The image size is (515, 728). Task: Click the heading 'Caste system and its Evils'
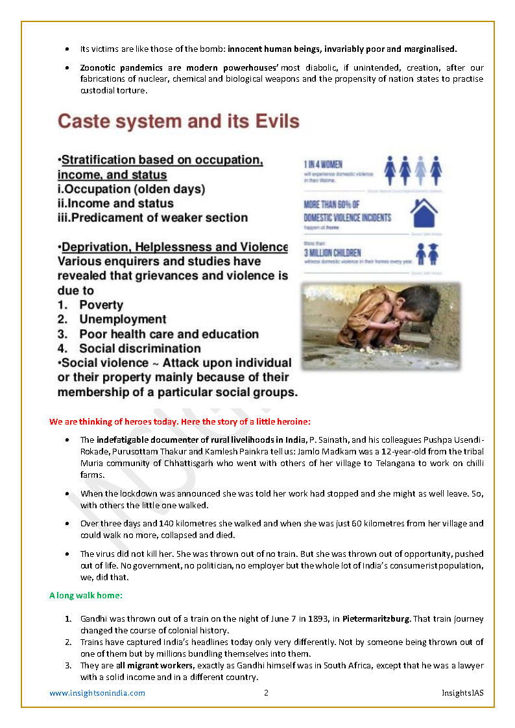178,121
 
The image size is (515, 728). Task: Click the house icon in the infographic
424,211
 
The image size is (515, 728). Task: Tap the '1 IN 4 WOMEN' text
324,165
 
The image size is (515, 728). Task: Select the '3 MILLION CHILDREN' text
333,252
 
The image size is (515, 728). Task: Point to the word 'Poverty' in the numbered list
101,305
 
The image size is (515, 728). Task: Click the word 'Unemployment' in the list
123,319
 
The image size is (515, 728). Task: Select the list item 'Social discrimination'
140,348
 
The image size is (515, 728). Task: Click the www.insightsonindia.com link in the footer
97,693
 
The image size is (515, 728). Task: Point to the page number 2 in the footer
266,693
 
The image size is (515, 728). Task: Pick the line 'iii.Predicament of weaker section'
152,218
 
